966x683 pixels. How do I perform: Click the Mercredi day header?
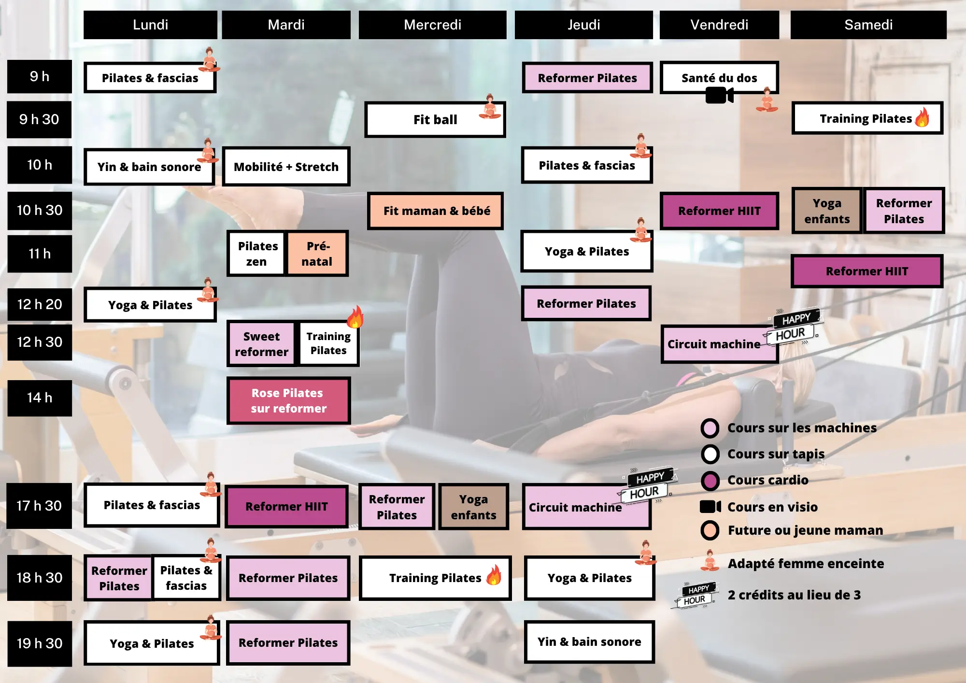(x=432, y=25)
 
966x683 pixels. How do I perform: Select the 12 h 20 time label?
(x=40, y=304)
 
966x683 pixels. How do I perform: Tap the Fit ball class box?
(x=435, y=119)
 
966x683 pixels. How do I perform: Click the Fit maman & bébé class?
(x=436, y=211)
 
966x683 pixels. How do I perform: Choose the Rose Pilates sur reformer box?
(x=288, y=400)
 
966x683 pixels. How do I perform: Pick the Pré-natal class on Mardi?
(x=317, y=254)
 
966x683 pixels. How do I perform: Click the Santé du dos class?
(x=719, y=77)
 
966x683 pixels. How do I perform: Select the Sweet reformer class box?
(x=261, y=344)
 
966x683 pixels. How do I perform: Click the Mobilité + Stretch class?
(x=286, y=167)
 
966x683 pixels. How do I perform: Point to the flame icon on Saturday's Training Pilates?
(x=923, y=117)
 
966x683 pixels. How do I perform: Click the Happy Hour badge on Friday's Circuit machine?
(x=793, y=327)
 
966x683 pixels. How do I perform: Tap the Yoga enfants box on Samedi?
(x=826, y=211)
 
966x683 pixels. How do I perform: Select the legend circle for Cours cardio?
(x=710, y=480)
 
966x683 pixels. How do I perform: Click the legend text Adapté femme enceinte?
(x=806, y=564)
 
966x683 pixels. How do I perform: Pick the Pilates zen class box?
(x=257, y=254)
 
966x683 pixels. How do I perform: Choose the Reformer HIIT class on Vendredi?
(x=719, y=211)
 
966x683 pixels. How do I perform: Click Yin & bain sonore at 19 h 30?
(x=589, y=641)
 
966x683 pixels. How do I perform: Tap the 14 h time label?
(x=40, y=398)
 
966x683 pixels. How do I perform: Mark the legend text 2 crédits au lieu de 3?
(x=794, y=595)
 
